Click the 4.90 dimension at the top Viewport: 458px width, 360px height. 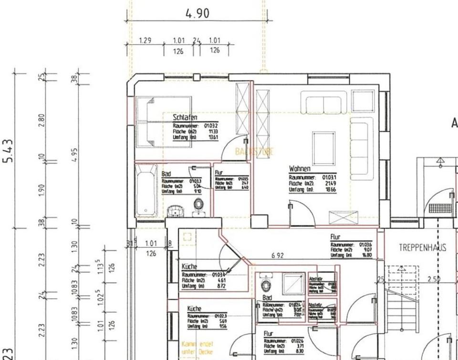(197, 13)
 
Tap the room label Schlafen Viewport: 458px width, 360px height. (185, 117)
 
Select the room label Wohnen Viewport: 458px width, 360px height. (300, 169)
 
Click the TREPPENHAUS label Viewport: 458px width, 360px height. (422, 247)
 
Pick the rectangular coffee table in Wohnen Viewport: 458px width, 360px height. (323, 148)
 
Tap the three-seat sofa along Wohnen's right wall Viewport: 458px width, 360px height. (361, 148)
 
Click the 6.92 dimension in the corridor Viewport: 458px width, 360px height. (277, 256)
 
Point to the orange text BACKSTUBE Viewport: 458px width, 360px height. (255, 152)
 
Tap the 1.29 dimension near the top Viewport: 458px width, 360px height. (145, 41)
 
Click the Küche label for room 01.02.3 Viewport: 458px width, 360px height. (195, 309)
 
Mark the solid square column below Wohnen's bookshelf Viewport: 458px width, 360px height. (259, 221)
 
